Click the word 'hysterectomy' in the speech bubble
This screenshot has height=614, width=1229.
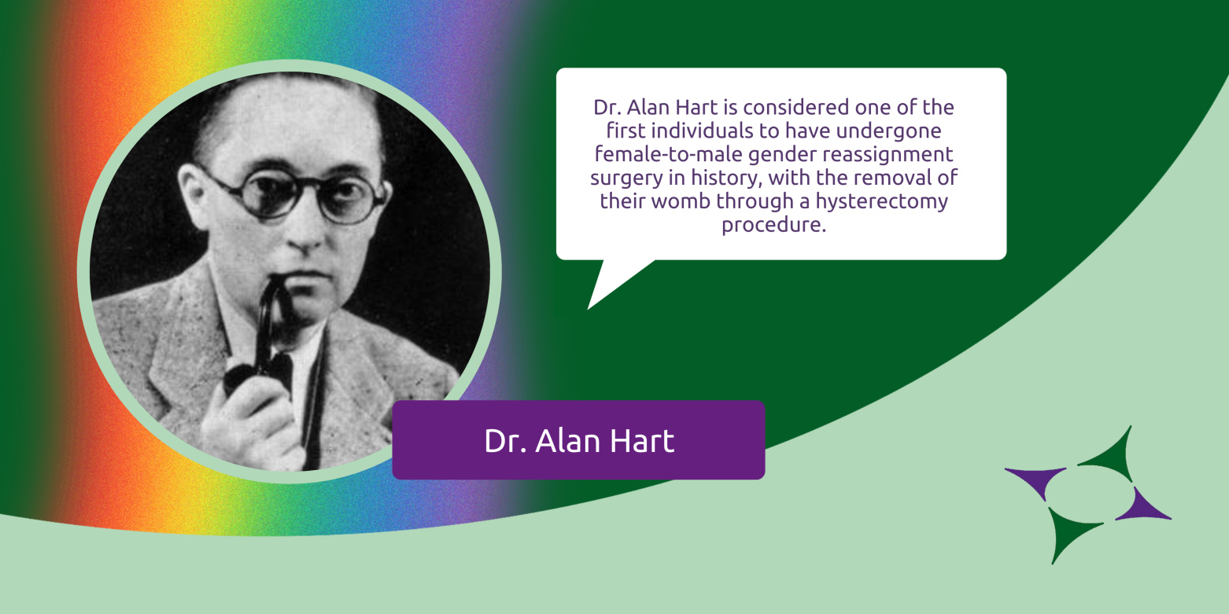(x=882, y=202)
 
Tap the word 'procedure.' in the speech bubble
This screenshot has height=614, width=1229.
(x=773, y=225)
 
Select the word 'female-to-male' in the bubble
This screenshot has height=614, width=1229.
(x=669, y=154)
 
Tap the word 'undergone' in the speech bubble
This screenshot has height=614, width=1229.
(x=889, y=131)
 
